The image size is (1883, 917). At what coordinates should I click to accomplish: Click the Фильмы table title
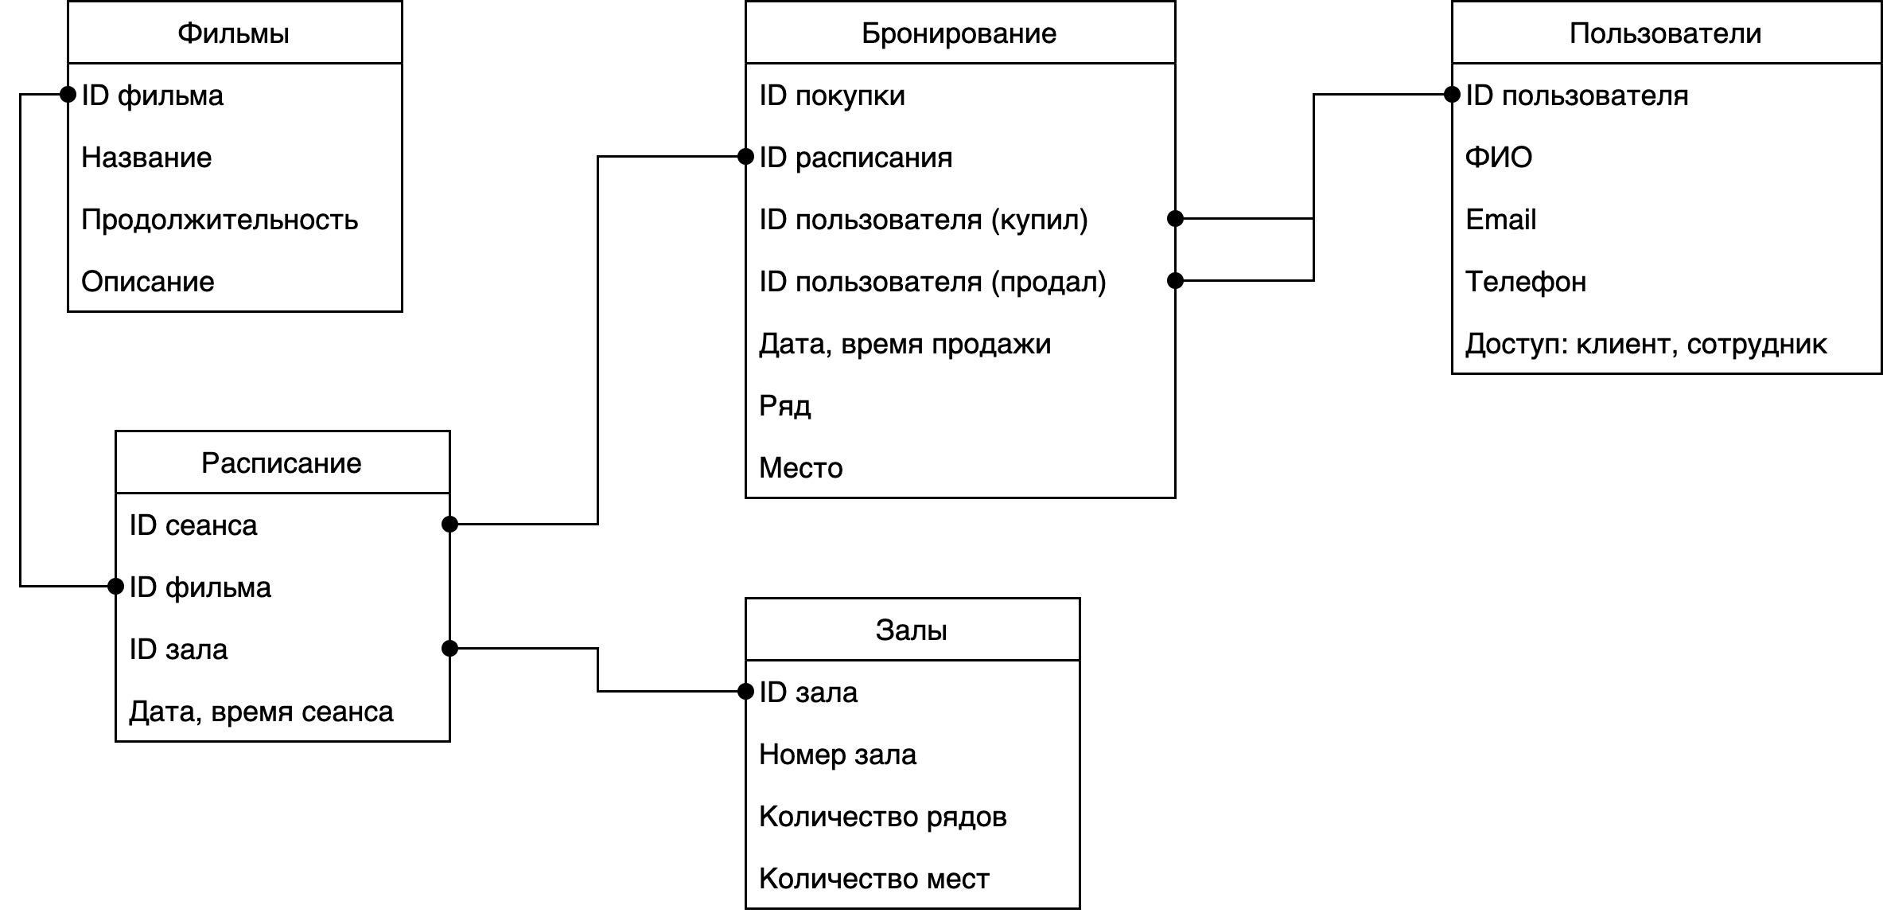pyautogui.click(x=233, y=33)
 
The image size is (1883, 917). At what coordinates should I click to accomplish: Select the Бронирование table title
pyautogui.click(x=959, y=33)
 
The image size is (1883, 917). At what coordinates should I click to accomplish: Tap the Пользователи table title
pyautogui.click(x=1665, y=33)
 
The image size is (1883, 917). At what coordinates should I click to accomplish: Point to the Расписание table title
pyautogui.click(x=281, y=463)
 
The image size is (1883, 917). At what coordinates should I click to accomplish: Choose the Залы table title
pyautogui.click(x=911, y=630)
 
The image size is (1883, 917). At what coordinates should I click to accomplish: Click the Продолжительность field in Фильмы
pyautogui.click(x=220, y=220)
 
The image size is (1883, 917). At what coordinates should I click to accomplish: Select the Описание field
pyautogui.click(x=148, y=282)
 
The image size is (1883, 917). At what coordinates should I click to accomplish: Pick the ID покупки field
pyautogui.click(x=832, y=96)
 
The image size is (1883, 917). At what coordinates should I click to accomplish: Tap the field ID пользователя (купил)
pyautogui.click(x=923, y=220)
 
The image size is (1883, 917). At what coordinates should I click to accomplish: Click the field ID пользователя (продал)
pyautogui.click(x=932, y=282)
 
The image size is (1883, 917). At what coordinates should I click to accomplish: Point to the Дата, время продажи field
pyautogui.click(x=905, y=344)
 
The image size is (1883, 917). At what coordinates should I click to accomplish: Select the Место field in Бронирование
pyautogui.click(x=800, y=468)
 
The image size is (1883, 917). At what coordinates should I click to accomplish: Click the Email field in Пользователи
pyautogui.click(x=1500, y=220)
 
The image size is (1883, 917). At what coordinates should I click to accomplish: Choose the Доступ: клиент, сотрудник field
pyautogui.click(x=1646, y=344)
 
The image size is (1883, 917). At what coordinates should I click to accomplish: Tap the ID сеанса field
pyautogui.click(x=193, y=525)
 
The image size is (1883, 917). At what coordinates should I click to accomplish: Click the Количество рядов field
pyautogui.click(x=882, y=817)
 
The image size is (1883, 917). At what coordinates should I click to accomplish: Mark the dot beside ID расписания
pyautogui.click(x=745, y=157)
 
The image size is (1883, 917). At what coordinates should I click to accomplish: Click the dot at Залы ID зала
pyautogui.click(x=745, y=692)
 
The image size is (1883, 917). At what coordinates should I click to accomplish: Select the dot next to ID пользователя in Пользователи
pyautogui.click(x=1452, y=95)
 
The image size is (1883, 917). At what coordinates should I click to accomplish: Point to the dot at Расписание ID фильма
pyautogui.click(x=115, y=587)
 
